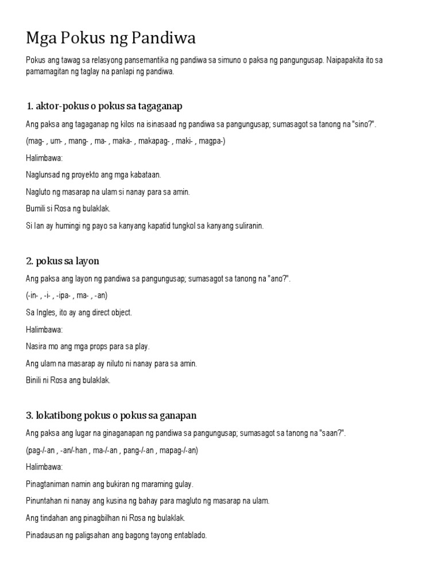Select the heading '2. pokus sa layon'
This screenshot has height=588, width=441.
(63, 261)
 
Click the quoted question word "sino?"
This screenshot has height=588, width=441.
(362, 125)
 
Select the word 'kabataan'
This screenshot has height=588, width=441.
(145, 175)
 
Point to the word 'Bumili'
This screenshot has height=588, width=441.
(37, 208)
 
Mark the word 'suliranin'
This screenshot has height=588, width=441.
(247, 226)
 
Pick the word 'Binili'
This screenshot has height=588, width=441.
(36, 380)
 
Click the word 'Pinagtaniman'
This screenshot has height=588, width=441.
(49, 483)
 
